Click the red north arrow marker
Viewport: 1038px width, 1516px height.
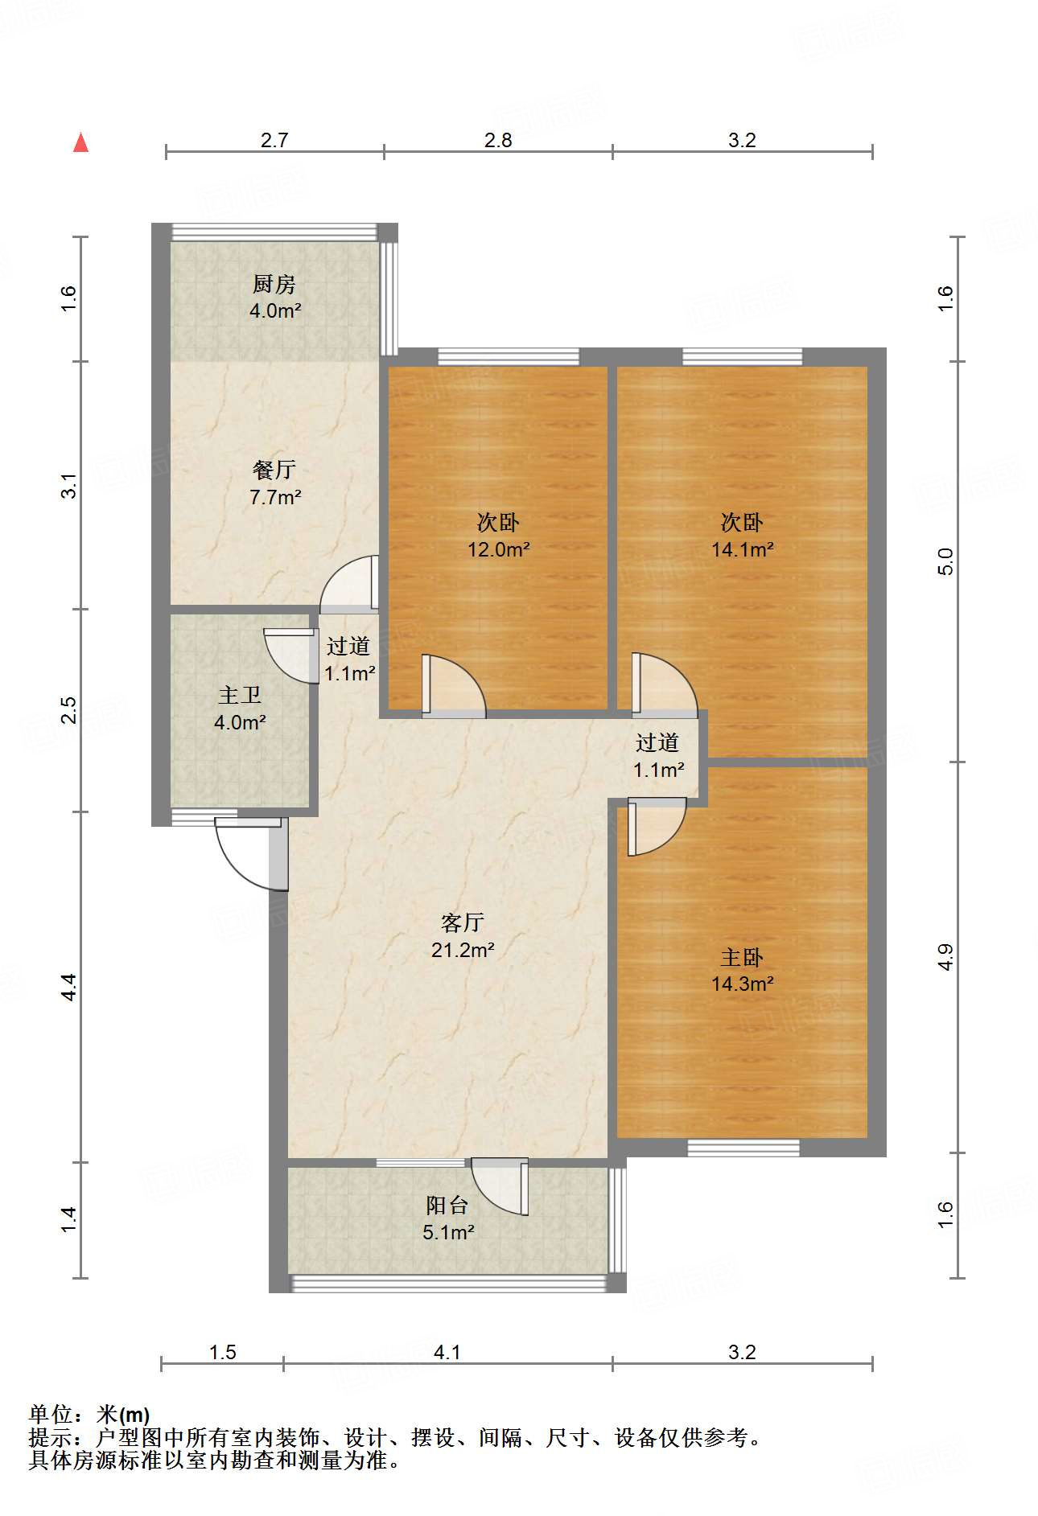click(x=80, y=142)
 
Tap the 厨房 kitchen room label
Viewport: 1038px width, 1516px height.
click(x=274, y=284)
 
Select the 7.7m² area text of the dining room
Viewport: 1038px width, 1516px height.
click(x=275, y=497)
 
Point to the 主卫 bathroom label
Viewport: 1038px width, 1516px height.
click(x=240, y=695)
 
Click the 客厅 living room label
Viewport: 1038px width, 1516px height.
click(x=463, y=922)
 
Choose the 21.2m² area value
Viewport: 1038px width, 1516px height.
click(x=463, y=950)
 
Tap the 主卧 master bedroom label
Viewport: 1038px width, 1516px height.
click(x=742, y=957)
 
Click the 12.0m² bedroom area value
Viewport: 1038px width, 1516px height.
click(x=499, y=549)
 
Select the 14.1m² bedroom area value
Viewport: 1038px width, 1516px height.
click(x=743, y=549)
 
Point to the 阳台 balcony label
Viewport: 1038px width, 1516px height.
click(x=447, y=1205)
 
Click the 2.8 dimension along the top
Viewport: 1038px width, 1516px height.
click(x=498, y=140)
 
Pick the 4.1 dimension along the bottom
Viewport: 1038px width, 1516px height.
click(x=447, y=1352)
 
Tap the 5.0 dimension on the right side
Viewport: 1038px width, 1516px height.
click(x=945, y=561)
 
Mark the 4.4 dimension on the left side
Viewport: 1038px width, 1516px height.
click(x=69, y=987)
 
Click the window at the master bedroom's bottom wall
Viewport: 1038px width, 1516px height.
click(x=743, y=1148)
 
